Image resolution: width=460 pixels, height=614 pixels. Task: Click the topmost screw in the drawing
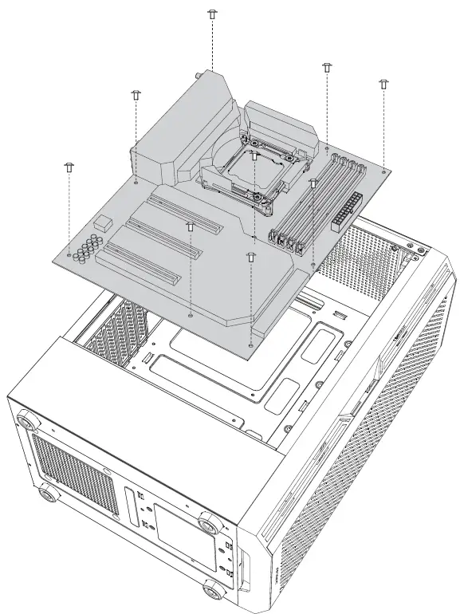pyautogui.click(x=212, y=14)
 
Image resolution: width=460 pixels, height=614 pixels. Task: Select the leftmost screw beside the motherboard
pyautogui.click(x=69, y=166)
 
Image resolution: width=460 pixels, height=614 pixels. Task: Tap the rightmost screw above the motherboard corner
pyautogui.click(x=383, y=83)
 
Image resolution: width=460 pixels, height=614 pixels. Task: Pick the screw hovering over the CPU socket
pyautogui.click(x=254, y=155)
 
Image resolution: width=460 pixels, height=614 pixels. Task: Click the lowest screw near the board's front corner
pyautogui.click(x=251, y=257)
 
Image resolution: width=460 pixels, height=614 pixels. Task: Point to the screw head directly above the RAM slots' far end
pyautogui.click(x=327, y=67)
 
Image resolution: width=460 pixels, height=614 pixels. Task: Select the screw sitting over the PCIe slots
pyautogui.click(x=190, y=227)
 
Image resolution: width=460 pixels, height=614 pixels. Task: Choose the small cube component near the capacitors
pyautogui.click(x=101, y=220)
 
